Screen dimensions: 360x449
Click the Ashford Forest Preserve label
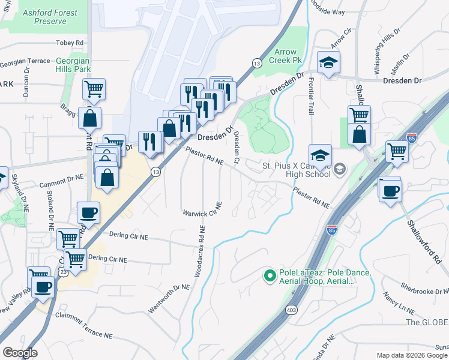(x=51, y=17)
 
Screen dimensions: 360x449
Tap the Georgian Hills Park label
(x=73, y=65)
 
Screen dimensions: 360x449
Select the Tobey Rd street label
(x=70, y=43)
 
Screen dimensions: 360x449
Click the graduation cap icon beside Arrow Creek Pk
(x=328, y=62)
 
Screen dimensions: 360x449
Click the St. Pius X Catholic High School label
(x=296, y=170)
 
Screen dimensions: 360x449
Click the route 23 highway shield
(x=63, y=272)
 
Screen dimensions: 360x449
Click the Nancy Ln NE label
(x=398, y=303)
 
